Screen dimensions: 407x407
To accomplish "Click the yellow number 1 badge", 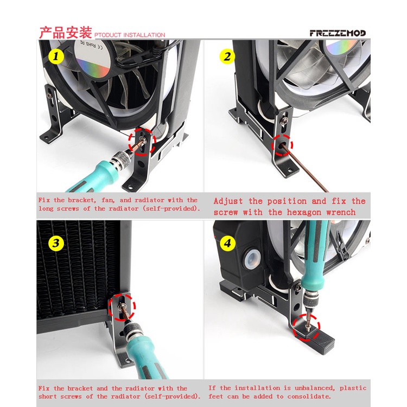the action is (x=56, y=56).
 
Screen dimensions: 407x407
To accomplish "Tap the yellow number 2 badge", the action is (x=227, y=56).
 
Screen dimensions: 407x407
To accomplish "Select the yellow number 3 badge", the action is (x=56, y=243).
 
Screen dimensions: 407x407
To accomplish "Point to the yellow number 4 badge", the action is (x=227, y=243).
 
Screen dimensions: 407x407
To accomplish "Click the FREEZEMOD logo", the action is (x=338, y=33).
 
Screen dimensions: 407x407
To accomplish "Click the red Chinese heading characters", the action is (x=66, y=33).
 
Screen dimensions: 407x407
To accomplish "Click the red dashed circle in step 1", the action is (x=142, y=142).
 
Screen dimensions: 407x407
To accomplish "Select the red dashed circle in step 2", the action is (x=282, y=145).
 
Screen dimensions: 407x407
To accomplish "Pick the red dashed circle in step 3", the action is (x=122, y=306).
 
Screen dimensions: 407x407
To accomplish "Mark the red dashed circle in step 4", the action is (x=306, y=327).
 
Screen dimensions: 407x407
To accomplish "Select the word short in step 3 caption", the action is (x=48, y=397).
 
